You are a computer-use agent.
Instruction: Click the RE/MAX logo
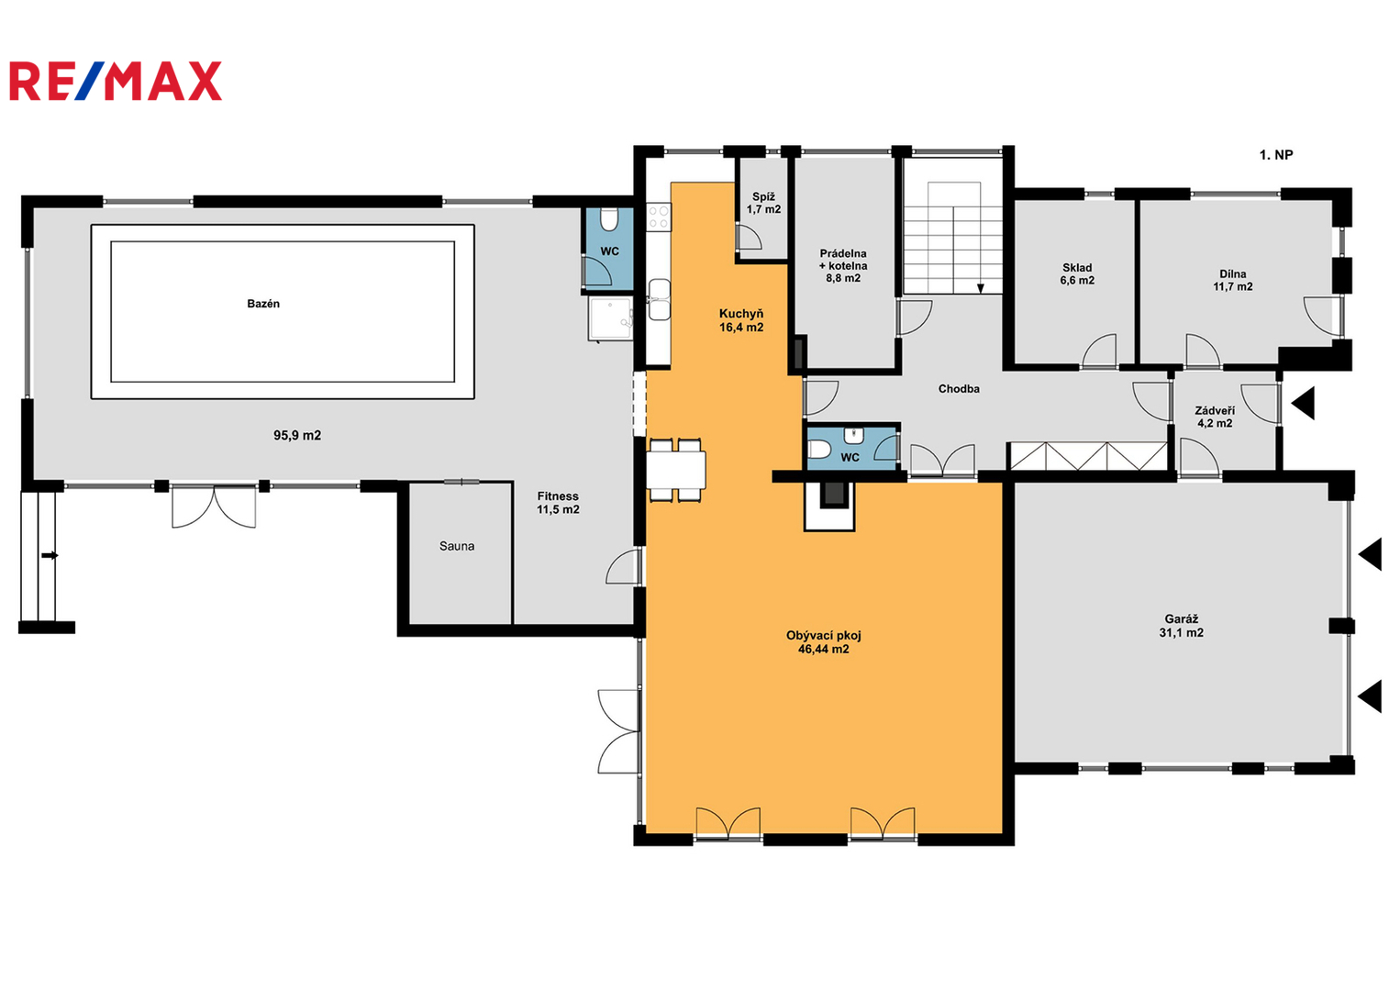[116, 81]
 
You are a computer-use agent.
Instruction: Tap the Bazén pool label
[263, 304]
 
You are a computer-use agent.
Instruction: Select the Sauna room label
[457, 547]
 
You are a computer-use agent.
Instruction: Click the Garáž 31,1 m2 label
[1182, 626]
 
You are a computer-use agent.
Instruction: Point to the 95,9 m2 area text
[297, 435]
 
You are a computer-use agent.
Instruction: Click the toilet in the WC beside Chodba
[818, 449]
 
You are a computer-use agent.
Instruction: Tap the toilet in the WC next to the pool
[609, 219]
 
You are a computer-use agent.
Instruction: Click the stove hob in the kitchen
[659, 217]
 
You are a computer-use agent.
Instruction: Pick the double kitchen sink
[660, 300]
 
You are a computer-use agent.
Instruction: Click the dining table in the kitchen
[675, 470]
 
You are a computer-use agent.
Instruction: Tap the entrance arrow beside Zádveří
[1303, 403]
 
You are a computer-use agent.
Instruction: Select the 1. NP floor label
[1276, 154]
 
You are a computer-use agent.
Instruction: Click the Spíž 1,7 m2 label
[763, 203]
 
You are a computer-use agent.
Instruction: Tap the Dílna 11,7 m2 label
[1233, 280]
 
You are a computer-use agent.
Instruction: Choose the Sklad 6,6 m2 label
[1077, 273]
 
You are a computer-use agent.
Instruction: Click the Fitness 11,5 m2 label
[558, 503]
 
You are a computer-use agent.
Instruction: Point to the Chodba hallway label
[959, 389]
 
